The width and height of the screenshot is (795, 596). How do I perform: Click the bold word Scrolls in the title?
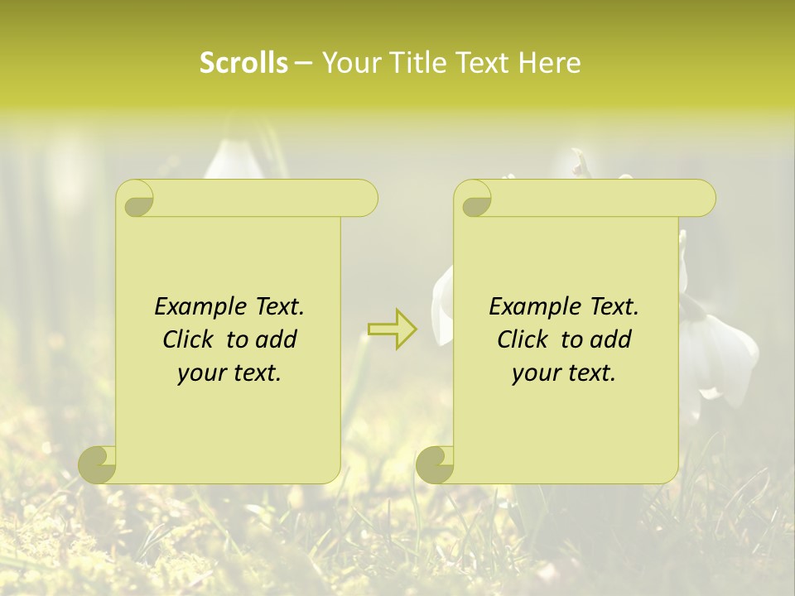tap(243, 63)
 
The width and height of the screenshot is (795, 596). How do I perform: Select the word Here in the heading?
tap(549, 63)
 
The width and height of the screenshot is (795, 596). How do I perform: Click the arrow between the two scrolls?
tap(393, 329)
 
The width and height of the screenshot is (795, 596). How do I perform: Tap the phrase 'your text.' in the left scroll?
tap(229, 373)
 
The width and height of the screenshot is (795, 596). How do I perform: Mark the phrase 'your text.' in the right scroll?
tap(564, 373)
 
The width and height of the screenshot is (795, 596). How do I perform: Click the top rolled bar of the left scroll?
tap(257, 197)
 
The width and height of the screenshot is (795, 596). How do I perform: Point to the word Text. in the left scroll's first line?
tap(277, 306)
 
